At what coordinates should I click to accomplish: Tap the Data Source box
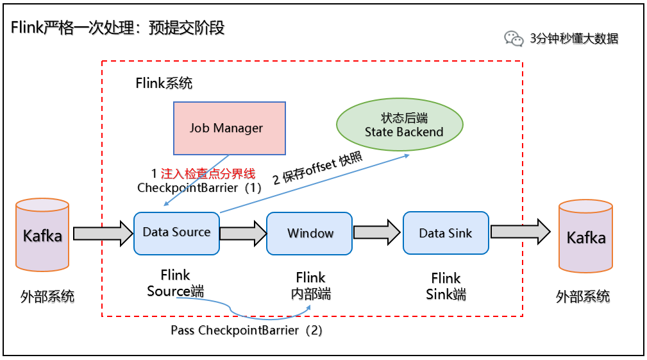(176, 232)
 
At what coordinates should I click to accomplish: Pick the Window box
(310, 233)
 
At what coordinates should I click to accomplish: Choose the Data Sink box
(446, 233)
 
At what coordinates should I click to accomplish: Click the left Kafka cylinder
(42, 235)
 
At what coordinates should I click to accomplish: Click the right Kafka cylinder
(585, 237)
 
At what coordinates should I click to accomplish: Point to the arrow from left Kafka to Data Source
(102, 233)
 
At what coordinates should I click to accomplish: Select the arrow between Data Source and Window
(243, 233)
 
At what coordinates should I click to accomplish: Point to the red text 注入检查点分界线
(208, 173)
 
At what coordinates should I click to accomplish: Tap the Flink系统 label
(164, 83)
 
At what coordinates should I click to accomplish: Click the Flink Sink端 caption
(446, 286)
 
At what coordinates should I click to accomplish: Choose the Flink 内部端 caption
(310, 286)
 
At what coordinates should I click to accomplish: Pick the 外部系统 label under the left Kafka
(47, 296)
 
